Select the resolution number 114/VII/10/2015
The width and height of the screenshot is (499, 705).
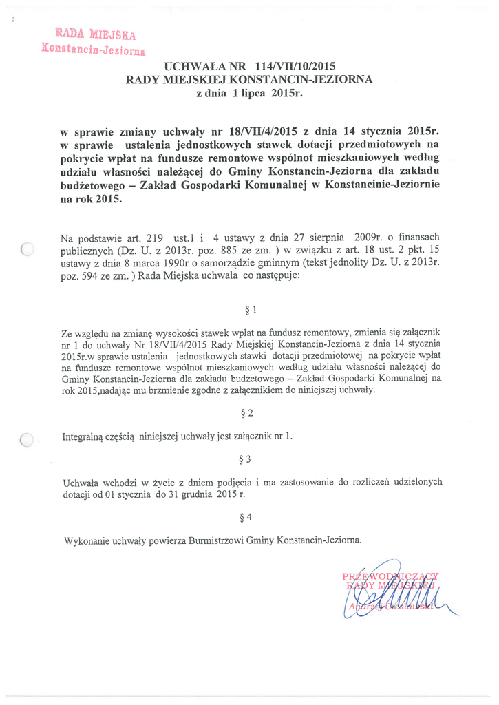(x=294, y=67)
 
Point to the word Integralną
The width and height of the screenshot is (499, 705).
(x=85, y=436)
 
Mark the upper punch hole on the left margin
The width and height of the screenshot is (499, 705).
(x=28, y=249)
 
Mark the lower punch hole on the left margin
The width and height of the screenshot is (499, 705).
(x=28, y=439)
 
